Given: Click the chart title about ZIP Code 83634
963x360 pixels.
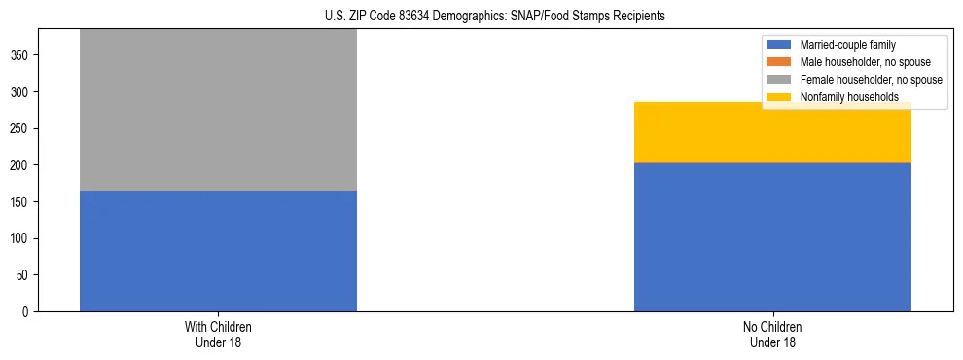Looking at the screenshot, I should point(494,17).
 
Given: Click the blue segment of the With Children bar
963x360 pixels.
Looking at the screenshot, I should point(218,251).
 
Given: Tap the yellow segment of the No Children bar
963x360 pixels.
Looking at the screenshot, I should point(772,131).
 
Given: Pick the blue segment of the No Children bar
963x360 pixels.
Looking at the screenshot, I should point(772,237).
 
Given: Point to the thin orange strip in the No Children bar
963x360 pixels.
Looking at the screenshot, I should point(772,162).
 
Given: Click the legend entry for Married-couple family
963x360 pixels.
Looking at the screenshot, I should point(847,45).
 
